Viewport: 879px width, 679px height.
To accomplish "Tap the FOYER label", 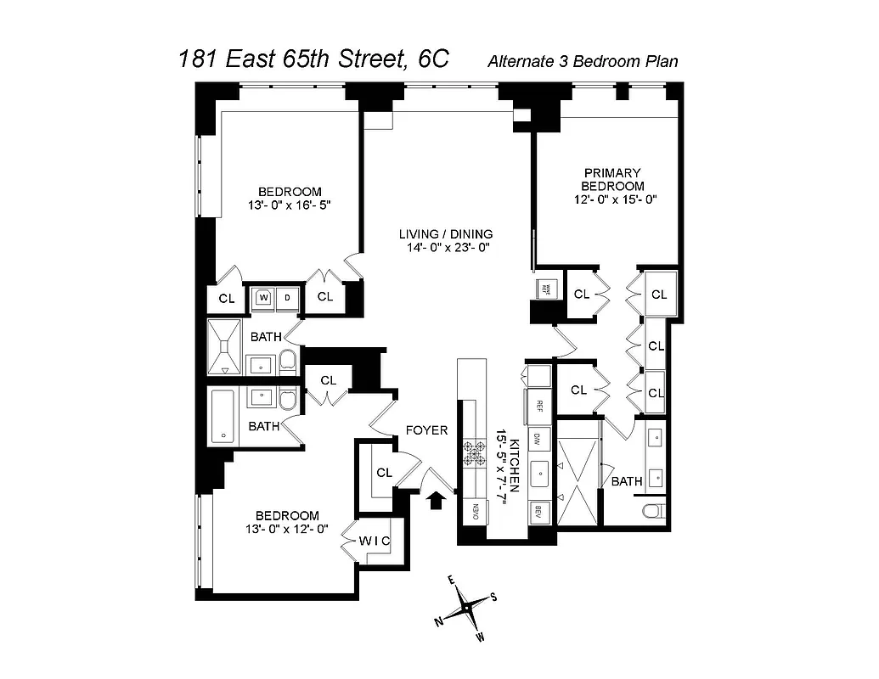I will click(426, 430).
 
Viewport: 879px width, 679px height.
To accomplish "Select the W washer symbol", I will click(263, 298).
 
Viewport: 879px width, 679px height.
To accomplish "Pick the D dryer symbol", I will click(287, 298).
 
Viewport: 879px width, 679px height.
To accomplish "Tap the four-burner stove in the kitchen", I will click(472, 454).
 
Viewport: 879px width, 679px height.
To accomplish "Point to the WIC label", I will click(374, 540).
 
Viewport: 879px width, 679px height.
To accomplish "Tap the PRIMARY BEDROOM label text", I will click(612, 179).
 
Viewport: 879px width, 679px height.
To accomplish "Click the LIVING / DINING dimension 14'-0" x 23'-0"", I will click(447, 248).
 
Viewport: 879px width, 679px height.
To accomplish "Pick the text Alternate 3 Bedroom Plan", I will click(582, 61).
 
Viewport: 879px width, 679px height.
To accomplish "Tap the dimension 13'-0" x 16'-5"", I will click(290, 205).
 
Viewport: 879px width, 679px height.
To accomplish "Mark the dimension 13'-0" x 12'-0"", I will click(290, 530).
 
